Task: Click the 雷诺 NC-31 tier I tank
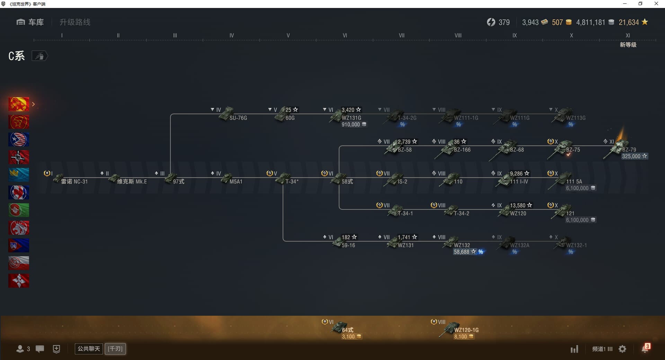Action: pos(69,180)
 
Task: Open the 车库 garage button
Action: pos(30,22)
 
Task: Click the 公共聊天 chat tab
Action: pos(89,349)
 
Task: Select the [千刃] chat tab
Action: pos(115,349)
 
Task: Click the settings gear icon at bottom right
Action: pos(622,349)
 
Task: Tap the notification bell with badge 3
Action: pos(645,349)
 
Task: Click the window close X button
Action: pos(656,4)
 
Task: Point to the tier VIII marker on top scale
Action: pos(458,36)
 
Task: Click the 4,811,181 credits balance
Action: pos(591,22)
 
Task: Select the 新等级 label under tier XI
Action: pos(628,45)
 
